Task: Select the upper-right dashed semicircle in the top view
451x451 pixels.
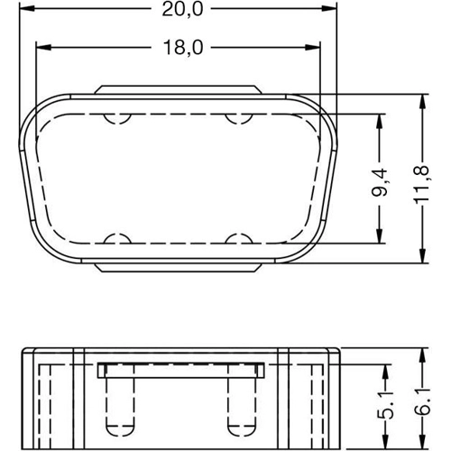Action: coord(240,118)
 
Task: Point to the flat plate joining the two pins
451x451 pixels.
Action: coord(179,370)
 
